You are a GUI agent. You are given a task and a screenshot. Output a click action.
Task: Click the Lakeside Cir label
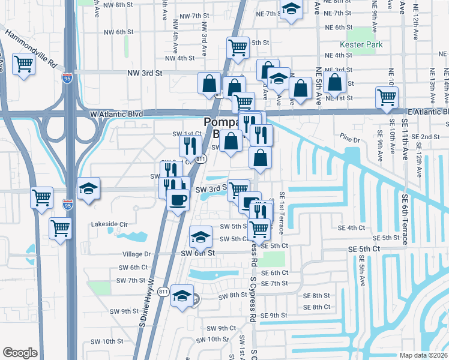tap(109, 224)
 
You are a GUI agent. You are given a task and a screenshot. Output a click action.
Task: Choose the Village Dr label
tap(135, 254)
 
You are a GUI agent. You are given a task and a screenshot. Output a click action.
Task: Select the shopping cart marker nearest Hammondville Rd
tap(23, 64)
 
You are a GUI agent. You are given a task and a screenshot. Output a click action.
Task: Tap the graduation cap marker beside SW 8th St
tap(182, 296)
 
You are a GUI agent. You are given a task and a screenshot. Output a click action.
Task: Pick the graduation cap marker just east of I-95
tap(88, 189)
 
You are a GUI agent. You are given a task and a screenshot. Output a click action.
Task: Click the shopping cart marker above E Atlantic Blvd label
tap(387, 97)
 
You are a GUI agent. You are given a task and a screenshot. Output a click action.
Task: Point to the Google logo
tap(20, 353)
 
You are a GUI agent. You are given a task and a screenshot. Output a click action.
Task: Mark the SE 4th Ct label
tap(351, 228)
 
